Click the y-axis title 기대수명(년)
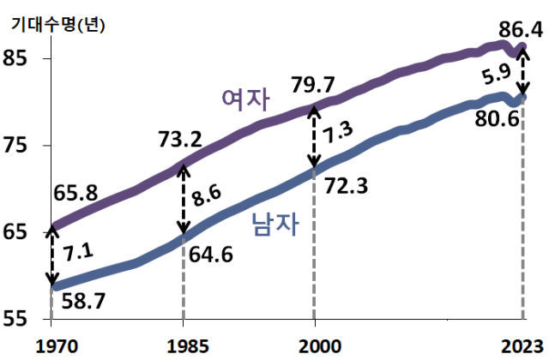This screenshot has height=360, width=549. [x=57, y=25]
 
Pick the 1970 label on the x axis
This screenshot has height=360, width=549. [x=51, y=345]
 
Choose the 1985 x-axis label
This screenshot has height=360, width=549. [x=183, y=345]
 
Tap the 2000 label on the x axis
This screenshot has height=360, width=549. [x=315, y=345]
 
